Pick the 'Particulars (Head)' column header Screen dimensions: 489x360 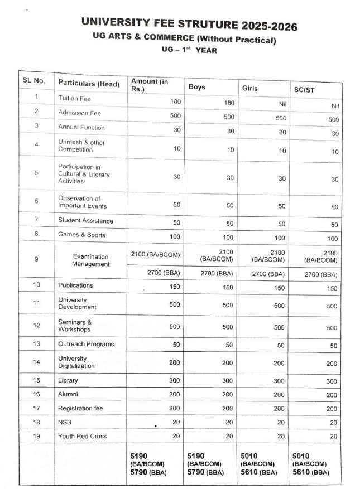coord(89,84)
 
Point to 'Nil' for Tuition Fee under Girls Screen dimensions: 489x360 coord(282,103)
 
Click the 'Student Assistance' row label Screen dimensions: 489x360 coord(85,221)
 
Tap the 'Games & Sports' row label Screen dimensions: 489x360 coord(81,235)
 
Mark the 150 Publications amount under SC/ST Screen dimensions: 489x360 coord(332,288)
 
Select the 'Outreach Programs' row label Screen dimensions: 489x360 coord(85,344)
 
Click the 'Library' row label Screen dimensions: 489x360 coord(68,380)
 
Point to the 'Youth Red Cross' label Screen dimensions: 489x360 coord(82,436)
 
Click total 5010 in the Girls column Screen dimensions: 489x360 coord(249,455)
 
